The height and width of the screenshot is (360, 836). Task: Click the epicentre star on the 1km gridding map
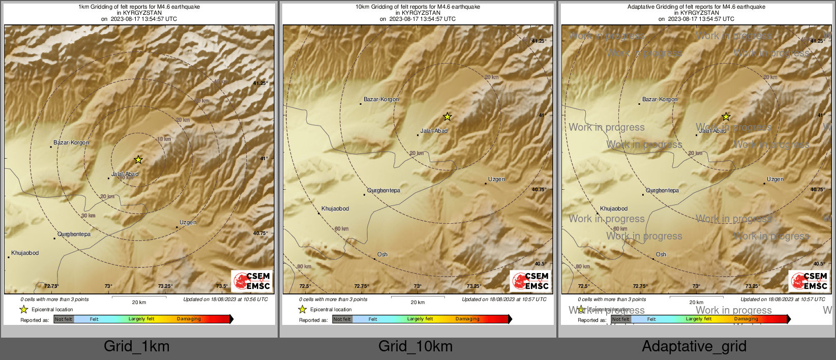(x=138, y=160)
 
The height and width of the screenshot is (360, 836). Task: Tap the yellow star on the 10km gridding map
(x=447, y=117)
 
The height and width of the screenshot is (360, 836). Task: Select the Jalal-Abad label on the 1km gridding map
(x=125, y=174)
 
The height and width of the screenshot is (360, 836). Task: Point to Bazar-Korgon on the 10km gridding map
(x=381, y=100)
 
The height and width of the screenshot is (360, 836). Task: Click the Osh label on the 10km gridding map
(x=382, y=254)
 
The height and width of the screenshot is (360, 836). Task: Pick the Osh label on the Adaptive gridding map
(x=661, y=254)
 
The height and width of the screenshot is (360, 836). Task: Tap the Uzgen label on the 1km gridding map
(x=188, y=223)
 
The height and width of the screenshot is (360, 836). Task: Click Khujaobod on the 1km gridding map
(x=25, y=253)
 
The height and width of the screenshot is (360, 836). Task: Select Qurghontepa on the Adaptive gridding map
(x=662, y=191)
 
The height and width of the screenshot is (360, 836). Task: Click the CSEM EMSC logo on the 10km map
(x=530, y=281)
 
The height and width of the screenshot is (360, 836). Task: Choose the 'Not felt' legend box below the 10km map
(x=342, y=319)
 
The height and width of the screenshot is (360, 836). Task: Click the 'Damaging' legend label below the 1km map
(x=189, y=319)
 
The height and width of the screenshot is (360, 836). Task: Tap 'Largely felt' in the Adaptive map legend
(x=699, y=319)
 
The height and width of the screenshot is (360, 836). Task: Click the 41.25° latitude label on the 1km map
(x=260, y=83)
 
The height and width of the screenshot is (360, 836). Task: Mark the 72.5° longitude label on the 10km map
(x=305, y=286)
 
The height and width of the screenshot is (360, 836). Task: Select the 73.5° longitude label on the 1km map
(x=222, y=286)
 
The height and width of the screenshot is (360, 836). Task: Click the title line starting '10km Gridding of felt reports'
(x=417, y=7)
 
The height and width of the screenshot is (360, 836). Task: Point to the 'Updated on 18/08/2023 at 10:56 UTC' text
(x=225, y=299)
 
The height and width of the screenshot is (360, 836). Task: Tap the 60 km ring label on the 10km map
(x=342, y=229)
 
